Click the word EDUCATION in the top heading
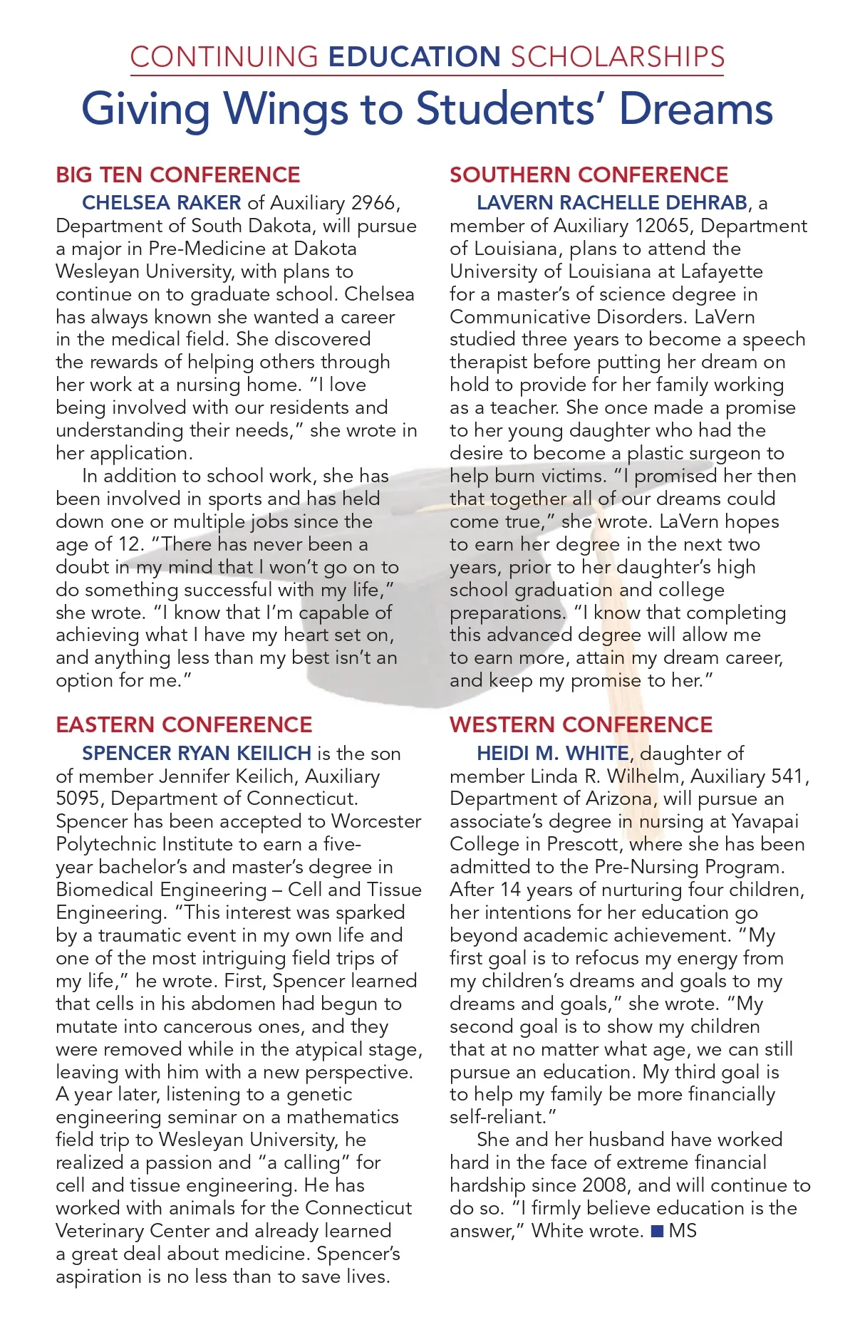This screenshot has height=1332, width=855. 415,57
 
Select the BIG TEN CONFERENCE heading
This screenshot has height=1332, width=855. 178,175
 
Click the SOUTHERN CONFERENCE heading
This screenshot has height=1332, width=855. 589,175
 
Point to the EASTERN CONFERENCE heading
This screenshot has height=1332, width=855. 184,725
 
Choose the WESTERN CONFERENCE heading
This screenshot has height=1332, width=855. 581,725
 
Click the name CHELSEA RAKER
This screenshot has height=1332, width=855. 162,203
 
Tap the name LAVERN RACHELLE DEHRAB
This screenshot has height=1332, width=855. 612,203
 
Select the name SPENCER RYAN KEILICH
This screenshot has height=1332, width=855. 197,754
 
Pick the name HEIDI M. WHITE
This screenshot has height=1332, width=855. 553,754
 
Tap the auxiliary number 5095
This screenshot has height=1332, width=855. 79,799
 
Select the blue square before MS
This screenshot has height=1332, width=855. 658,1231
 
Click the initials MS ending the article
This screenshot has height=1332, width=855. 683,1231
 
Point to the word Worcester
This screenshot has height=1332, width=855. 376,822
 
